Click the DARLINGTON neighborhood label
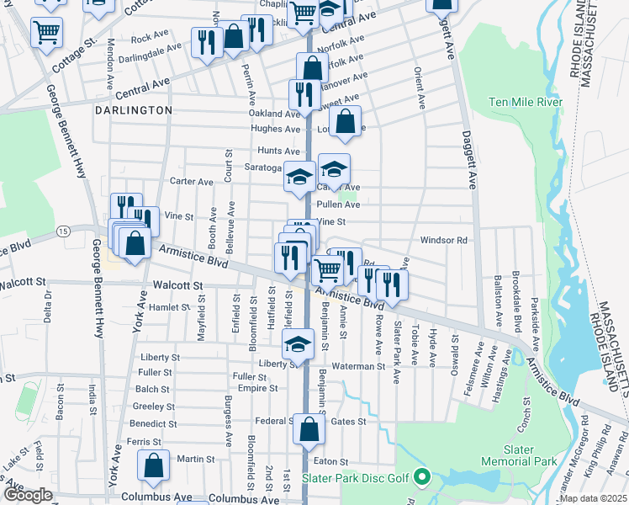tap(133, 110)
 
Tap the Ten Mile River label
tap(526, 103)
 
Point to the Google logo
tap(27, 495)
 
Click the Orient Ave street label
tap(420, 89)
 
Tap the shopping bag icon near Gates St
tap(309, 429)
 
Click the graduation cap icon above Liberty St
tap(296, 345)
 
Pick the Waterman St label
tap(357, 366)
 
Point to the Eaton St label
tap(330, 461)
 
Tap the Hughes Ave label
tap(275, 130)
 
